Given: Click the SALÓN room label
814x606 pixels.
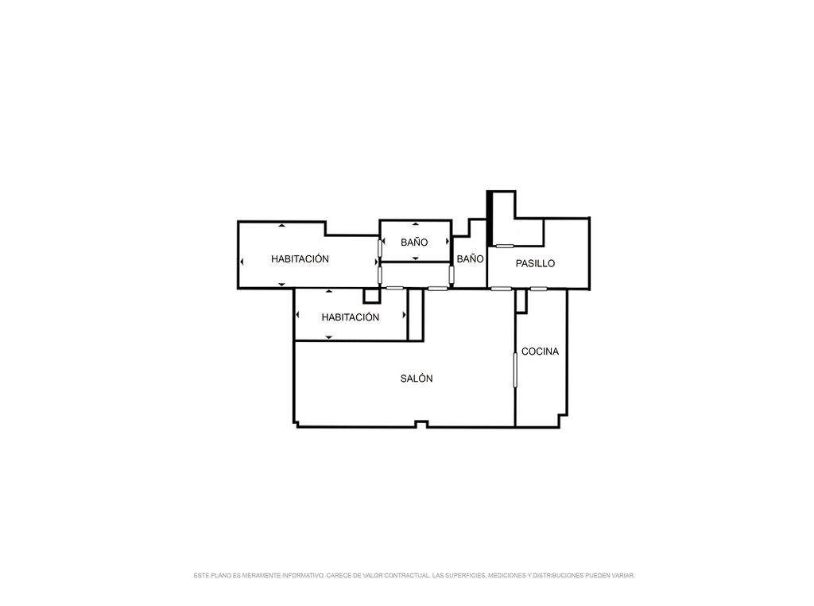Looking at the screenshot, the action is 417,379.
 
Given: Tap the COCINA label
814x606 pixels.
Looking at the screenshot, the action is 540,352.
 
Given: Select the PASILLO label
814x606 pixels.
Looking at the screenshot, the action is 535,263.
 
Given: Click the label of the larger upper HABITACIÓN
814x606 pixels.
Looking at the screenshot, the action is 300,258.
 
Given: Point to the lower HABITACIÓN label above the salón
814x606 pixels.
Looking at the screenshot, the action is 351,317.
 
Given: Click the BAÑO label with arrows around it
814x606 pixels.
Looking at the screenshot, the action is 414,243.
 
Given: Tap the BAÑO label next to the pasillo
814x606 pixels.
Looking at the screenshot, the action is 471,258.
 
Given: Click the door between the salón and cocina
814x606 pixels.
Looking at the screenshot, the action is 515,370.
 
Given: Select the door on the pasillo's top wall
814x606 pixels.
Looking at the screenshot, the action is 505,246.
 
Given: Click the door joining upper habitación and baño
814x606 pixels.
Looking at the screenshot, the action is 380,247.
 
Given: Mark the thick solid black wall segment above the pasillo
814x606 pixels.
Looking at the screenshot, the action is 489,218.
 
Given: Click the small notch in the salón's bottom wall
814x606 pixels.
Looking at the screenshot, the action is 421,424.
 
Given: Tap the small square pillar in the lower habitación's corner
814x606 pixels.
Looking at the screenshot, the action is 372,296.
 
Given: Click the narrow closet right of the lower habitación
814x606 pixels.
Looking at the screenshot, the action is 415,315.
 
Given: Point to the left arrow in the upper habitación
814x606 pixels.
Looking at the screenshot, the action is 242,262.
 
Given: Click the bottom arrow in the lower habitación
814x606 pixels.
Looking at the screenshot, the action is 328,337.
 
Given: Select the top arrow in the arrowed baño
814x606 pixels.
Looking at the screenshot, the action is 415,224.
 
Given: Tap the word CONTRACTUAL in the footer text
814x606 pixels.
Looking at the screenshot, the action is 411,575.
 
